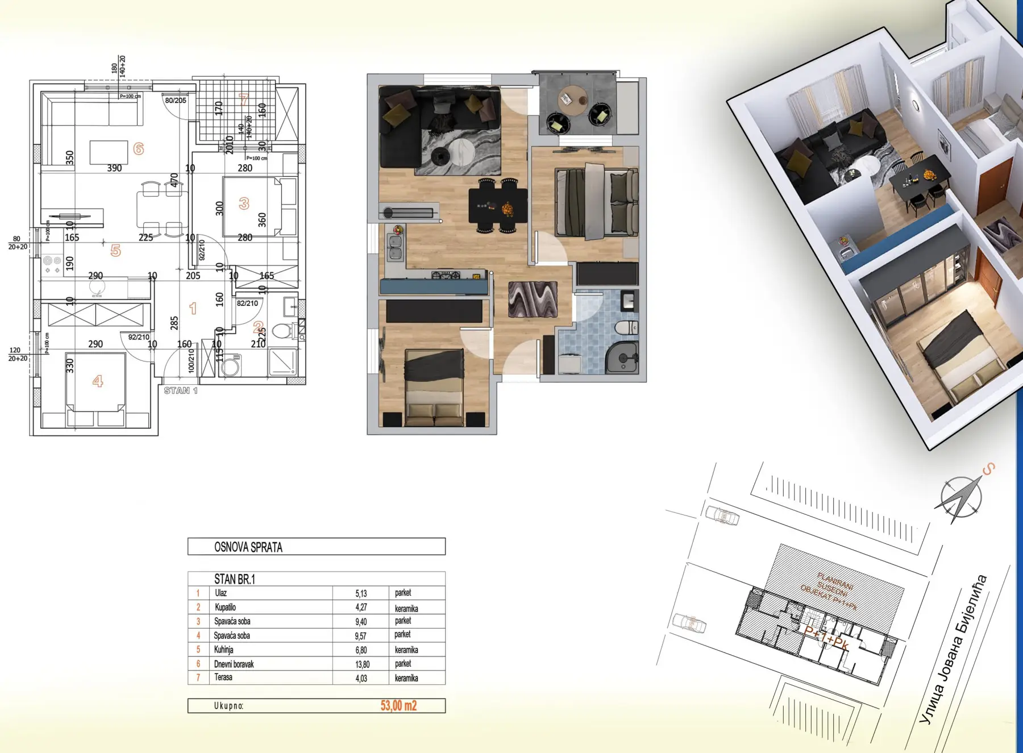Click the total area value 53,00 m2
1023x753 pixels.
pos(398,706)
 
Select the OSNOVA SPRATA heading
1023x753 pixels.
pos(248,547)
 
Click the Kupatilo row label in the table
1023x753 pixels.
pos(225,607)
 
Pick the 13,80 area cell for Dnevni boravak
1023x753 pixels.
pos(362,664)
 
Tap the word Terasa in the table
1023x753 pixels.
pos(223,677)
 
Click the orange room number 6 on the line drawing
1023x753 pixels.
pos(138,149)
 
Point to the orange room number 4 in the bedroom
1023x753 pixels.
pos(98,381)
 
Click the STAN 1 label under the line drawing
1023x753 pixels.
pos(181,390)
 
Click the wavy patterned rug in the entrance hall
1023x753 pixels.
pos(533,299)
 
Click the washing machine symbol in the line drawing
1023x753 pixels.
pos(230,365)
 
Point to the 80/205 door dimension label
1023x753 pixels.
pos(176,101)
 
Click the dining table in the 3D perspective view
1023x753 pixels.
pos(919,179)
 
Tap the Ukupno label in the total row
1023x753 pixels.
pos(228,706)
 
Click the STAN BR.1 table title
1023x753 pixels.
pos(234,579)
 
